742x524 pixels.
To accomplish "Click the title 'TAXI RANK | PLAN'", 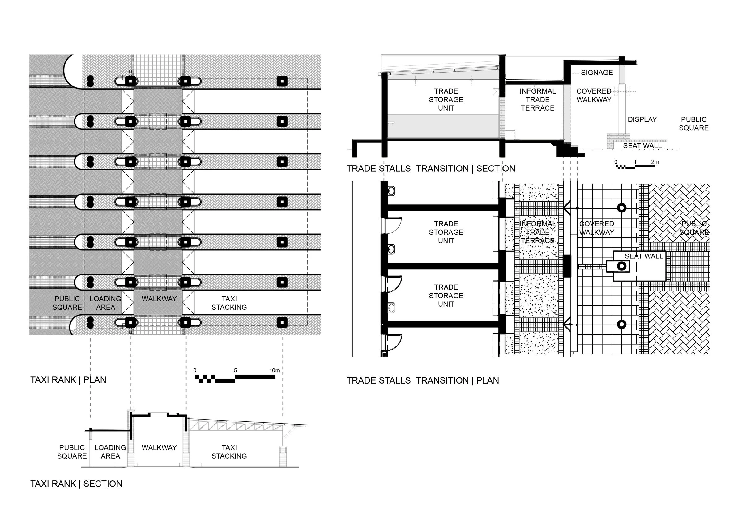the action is (68, 380).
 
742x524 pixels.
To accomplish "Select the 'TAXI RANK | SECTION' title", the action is (76, 484).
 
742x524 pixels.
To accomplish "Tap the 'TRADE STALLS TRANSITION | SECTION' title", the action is (431, 169).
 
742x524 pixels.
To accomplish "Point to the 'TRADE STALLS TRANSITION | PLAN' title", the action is (423, 380).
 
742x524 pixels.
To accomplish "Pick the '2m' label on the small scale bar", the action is (655, 162).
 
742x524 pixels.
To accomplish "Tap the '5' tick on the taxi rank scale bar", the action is (236, 370).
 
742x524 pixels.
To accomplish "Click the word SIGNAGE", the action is (597, 73).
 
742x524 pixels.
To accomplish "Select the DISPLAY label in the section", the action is (642, 119).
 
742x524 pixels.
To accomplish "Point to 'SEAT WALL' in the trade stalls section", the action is (642, 146).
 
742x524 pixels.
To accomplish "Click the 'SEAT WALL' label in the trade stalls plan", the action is (644, 256).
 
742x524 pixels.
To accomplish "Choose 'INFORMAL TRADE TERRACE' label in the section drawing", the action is (538, 99).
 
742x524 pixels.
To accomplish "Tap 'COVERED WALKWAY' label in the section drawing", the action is (594, 95).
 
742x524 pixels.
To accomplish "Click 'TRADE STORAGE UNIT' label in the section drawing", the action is (446, 99).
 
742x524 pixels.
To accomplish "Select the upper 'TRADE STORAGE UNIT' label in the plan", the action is (446, 232).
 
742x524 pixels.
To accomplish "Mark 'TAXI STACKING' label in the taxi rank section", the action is (229, 452).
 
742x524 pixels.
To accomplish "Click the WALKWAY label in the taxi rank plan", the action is (159, 299).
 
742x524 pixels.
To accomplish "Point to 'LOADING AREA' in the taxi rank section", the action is (110, 452).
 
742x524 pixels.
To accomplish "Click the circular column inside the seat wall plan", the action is (621, 266).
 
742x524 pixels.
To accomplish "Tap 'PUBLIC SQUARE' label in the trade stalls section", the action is (693, 124).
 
